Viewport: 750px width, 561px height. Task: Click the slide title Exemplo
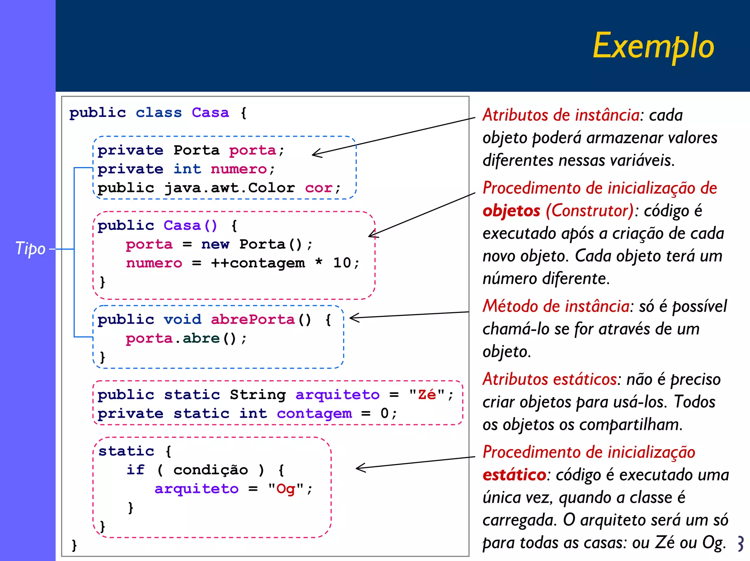tap(653, 46)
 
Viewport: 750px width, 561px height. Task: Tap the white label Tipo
tap(30, 249)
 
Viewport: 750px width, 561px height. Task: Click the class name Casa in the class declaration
tap(210, 112)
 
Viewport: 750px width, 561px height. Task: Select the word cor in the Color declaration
tap(319, 188)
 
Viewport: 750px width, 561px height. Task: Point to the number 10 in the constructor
tap(342, 263)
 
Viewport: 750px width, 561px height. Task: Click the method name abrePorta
tap(253, 320)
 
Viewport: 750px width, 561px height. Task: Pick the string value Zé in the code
tap(427, 395)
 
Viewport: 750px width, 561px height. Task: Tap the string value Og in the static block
tap(286, 489)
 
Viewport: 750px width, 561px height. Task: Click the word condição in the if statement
tap(211, 470)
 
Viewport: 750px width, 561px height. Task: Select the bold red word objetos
tap(511, 211)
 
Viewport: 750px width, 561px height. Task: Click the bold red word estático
tap(514, 475)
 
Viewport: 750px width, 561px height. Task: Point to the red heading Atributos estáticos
tap(550, 379)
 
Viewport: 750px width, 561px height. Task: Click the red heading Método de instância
tap(556, 306)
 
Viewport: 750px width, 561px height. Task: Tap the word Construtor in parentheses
tap(590, 211)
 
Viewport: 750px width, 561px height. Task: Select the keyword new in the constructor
tap(215, 244)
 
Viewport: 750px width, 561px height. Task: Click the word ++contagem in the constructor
tap(258, 263)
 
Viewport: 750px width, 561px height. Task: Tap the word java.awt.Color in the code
tap(229, 188)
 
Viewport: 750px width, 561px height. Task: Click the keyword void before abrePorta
tap(182, 320)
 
